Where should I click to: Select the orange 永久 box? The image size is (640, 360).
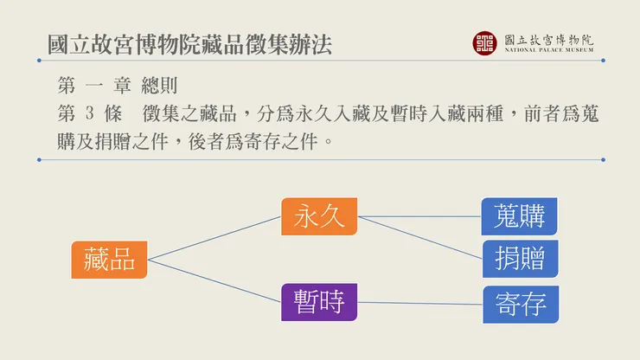[x=319, y=216]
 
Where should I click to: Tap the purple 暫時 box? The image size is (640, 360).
[x=319, y=302]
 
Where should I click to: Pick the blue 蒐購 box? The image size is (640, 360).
[x=519, y=216]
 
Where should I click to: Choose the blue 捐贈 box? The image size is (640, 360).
[x=519, y=258]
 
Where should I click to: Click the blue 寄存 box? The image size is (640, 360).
[x=521, y=304]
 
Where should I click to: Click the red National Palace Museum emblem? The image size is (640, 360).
[x=484, y=42]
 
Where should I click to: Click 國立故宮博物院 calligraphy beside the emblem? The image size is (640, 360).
[x=548, y=38]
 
